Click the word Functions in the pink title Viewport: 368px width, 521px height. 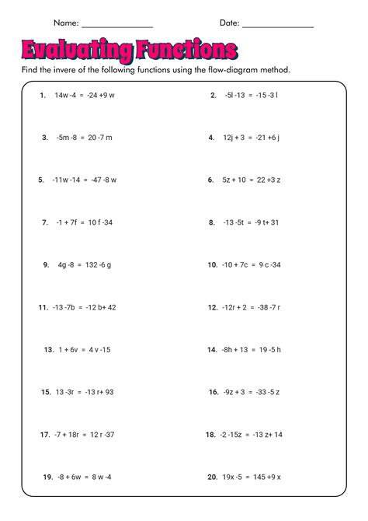pos(186,51)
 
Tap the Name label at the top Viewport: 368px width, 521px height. pos(64,23)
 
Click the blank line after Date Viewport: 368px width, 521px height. pos(279,25)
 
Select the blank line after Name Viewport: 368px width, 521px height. pos(117,25)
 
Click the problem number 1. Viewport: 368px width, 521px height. pos(43,96)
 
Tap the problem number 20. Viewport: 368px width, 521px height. pos(211,477)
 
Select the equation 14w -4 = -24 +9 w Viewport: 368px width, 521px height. pos(85,96)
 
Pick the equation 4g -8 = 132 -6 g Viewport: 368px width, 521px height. pos(85,264)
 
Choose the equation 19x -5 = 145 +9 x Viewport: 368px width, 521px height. pos(252,477)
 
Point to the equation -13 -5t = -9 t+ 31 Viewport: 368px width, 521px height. pos(250,222)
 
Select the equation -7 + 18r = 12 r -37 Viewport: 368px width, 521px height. pos(85,435)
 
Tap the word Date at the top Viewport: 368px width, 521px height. pos(230,23)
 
